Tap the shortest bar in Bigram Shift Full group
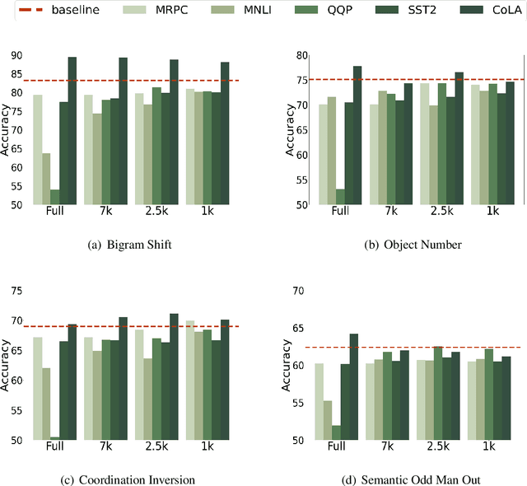(x=54, y=197)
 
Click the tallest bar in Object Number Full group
(x=357, y=135)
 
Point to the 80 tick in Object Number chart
(x=302, y=56)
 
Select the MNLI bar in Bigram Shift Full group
(x=45, y=179)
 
